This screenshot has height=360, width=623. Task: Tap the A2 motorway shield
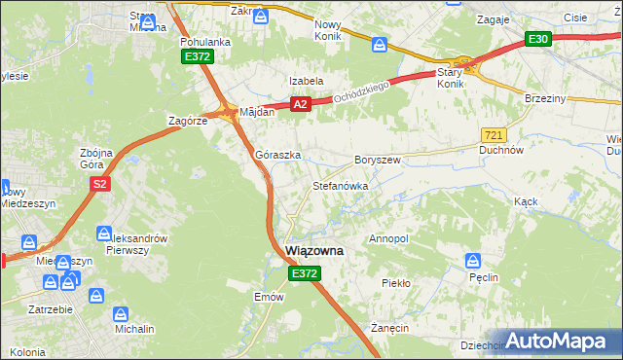300,104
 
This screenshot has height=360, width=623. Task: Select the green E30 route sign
538,39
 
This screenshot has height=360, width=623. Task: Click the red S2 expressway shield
98,183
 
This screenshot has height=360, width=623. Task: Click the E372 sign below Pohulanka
198,58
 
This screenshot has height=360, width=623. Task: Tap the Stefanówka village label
339,185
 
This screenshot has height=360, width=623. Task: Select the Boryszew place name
378,160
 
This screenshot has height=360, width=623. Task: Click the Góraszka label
277,155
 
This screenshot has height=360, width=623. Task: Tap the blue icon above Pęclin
474,260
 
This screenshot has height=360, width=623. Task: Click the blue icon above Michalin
121,313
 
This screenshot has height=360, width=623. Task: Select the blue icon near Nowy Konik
380,44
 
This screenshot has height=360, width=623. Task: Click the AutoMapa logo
558,341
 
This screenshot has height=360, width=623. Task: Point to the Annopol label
388,238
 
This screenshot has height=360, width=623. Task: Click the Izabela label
305,81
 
